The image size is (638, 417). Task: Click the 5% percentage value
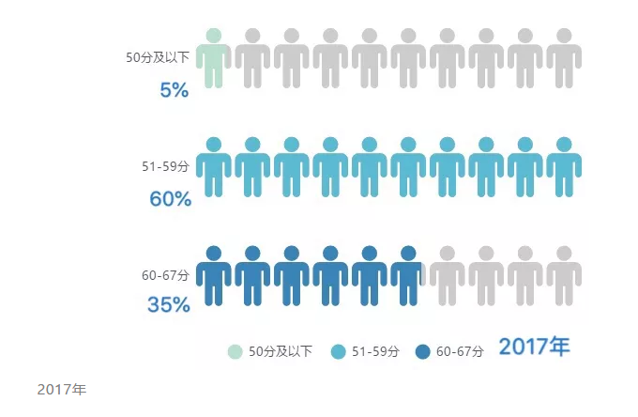(174, 90)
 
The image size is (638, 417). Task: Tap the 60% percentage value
(170, 199)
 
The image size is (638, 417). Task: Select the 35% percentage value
(169, 305)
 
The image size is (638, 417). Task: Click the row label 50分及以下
(158, 57)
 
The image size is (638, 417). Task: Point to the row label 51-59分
(165, 166)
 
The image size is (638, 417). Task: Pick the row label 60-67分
(165, 275)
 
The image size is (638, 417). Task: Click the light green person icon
(214, 58)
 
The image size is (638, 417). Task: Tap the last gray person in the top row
(564, 58)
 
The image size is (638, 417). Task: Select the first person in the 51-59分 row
(214, 167)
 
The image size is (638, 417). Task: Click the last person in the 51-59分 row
(564, 167)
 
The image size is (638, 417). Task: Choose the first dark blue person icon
(214, 276)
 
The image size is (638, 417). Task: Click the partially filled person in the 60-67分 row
(408, 276)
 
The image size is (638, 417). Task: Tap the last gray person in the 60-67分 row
(564, 276)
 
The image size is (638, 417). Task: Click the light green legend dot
(235, 351)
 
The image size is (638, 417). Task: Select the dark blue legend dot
(422, 351)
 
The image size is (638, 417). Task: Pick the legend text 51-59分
(375, 351)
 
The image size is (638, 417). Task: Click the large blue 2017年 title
(534, 347)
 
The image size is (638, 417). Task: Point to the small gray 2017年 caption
(61, 389)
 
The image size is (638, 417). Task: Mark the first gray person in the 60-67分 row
(448, 276)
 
